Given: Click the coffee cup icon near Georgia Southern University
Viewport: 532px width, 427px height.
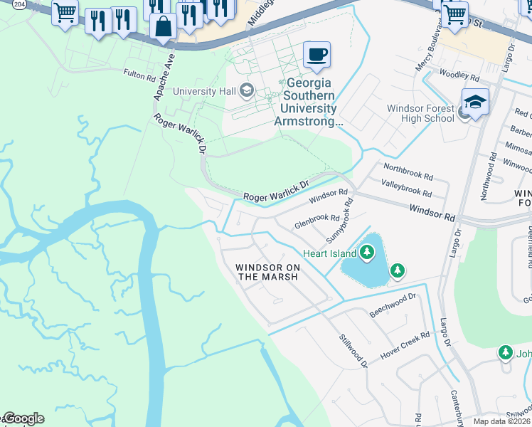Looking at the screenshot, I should point(316,54).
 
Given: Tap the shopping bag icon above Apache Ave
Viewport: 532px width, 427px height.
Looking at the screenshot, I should point(163,27).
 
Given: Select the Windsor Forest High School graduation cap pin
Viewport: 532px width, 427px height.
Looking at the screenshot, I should point(475,102).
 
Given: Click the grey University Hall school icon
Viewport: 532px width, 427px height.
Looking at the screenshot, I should point(247,90).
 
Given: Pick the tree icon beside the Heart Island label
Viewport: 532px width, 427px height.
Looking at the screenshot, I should point(367,252).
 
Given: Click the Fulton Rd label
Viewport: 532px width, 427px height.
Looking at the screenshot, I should point(139,75).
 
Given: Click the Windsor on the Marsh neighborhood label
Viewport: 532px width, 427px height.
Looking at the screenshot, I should point(267,272).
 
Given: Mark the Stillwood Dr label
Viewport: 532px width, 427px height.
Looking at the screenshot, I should point(353,351).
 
